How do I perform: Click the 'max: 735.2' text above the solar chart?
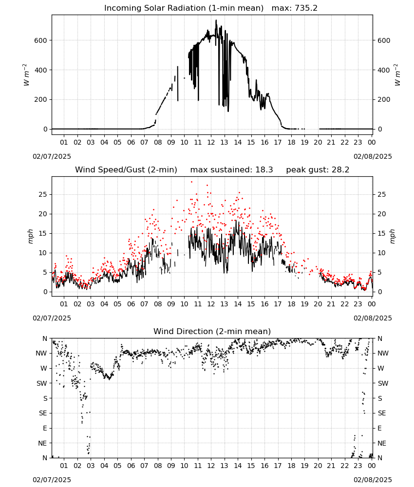[x=295, y=8]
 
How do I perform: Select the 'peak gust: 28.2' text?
[x=318, y=170]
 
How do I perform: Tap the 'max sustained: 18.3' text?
[x=231, y=170]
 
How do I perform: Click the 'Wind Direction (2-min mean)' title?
[x=212, y=331]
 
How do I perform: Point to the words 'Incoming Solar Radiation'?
[x=155, y=8]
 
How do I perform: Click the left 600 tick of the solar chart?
[x=41, y=40]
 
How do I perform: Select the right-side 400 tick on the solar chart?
[x=384, y=70]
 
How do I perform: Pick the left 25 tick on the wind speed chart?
[x=43, y=194]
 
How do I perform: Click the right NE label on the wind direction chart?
[x=382, y=443]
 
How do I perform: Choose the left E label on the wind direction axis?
[x=45, y=428]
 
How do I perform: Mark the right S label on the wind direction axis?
[x=379, y=398]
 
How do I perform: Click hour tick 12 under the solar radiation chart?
[x=211, y=142]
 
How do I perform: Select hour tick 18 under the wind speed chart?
[x=291, y=304]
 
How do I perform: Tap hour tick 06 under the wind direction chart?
[x=131, y=466]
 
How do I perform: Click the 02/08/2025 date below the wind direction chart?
[x=373, y=480]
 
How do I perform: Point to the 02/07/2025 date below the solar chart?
[x=52, y=156]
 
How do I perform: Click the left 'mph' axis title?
[x=30, y=236]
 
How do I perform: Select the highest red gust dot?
[x=191, y=182]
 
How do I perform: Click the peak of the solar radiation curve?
[x=216, y=20]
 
